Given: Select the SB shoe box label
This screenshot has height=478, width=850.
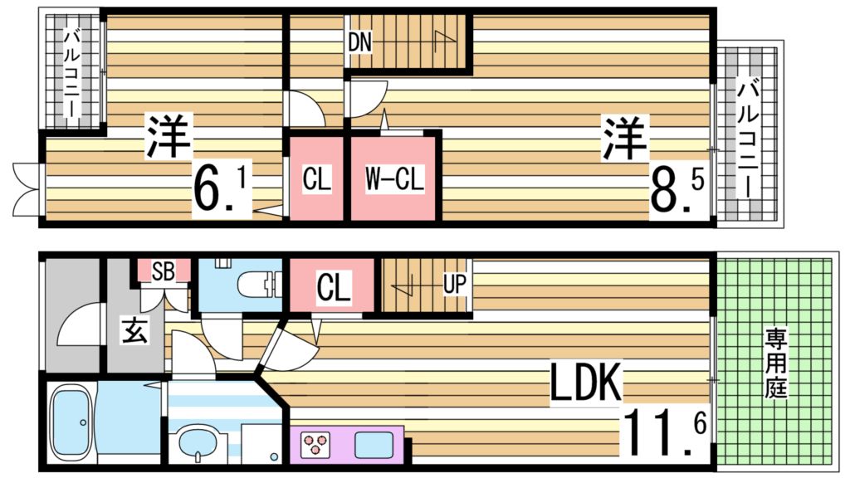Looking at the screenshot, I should [163, 271].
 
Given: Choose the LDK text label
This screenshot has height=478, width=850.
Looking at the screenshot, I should [587, 384].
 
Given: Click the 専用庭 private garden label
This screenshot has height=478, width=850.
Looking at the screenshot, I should [776, 363].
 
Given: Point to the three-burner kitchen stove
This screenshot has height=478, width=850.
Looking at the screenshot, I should [317, 444].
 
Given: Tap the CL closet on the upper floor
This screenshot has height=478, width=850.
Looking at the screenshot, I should [316, 179].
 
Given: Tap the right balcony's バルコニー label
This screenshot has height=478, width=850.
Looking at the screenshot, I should [750, 137].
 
